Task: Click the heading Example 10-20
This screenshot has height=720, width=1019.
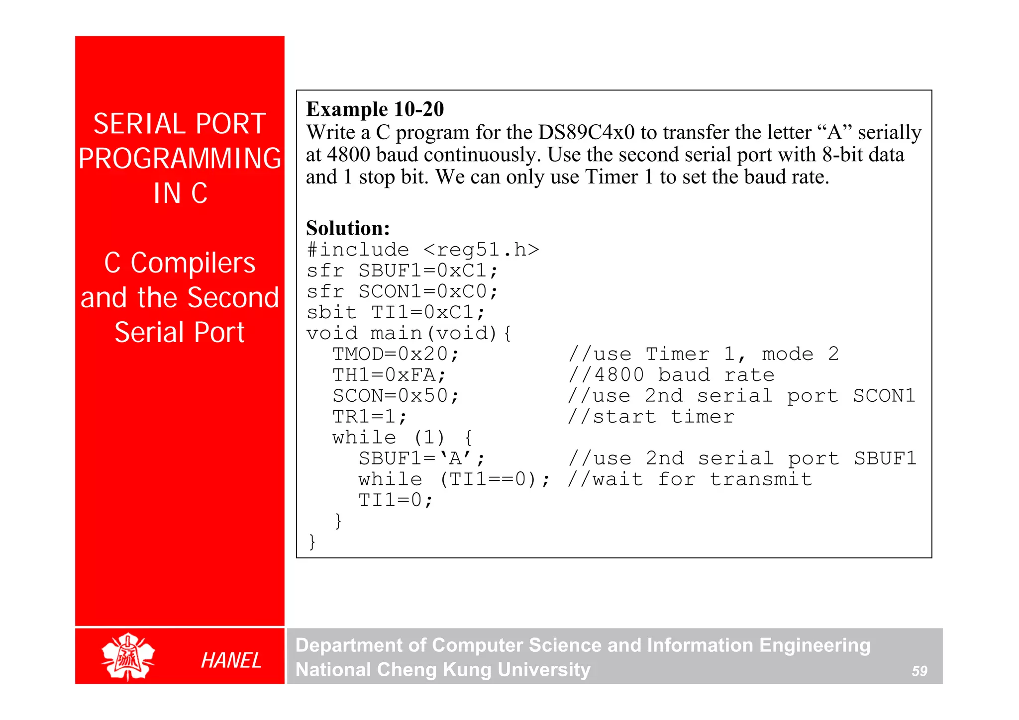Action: coord(375,109)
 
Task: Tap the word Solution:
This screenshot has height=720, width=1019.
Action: coord(348,228)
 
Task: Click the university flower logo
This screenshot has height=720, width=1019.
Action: coord(128,656)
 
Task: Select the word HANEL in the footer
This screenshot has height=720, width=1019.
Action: coord(231,660)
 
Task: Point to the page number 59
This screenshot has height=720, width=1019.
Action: coord(919,671)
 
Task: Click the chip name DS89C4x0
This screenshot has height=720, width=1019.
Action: coord(586,133)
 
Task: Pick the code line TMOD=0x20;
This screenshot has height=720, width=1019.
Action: coord(396,354)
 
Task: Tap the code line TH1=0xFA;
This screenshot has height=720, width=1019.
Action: coord(389,375)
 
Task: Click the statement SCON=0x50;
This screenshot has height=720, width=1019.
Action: coord(396,396)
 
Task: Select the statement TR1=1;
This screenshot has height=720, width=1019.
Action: coord(370,417)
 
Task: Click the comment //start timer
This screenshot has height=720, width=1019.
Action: coord(651,417)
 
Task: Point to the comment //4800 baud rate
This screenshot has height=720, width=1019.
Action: coord(671,375)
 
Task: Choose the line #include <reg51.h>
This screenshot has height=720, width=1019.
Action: coord(422,250)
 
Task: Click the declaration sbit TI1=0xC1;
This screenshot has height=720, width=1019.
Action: coord(396,312)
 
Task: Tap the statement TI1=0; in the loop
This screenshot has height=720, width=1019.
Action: coord(396,500)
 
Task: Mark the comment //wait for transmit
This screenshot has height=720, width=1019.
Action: coord(690,479)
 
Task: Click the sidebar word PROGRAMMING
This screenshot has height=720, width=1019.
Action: coord(180,159)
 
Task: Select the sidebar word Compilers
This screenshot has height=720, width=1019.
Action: coord(193,263)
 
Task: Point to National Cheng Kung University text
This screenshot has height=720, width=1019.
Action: coord(443,670)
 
